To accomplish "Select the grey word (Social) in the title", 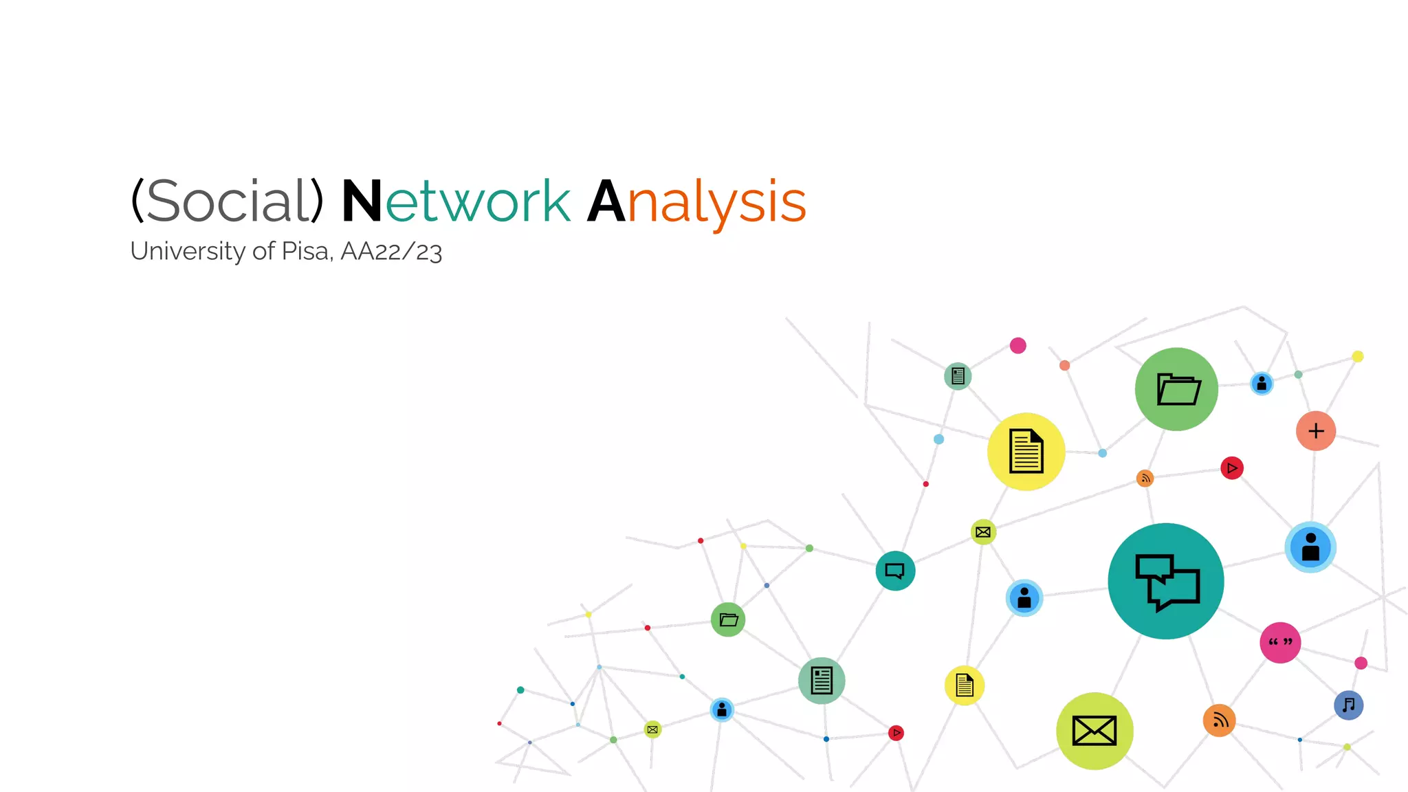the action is point(227,201).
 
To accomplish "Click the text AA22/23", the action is point(390,252).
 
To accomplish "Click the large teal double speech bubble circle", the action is point(1166,581).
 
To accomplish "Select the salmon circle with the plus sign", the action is point(1316,431).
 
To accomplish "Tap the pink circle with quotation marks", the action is point(1280,642).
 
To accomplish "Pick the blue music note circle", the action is point(1348,705).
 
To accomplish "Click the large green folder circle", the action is point(1176,389).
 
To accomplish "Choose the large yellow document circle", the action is point(1026,452).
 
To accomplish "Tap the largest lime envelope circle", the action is point(1094,730).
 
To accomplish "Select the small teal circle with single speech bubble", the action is point(895,571).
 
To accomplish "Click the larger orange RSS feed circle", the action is point(1220,720).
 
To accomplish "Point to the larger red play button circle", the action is point(1232,468).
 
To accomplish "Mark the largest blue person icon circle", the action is point(1310,547).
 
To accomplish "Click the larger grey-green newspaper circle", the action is point(822,681).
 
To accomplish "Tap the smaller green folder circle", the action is point(728,619).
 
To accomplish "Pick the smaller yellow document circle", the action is point(965,685).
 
